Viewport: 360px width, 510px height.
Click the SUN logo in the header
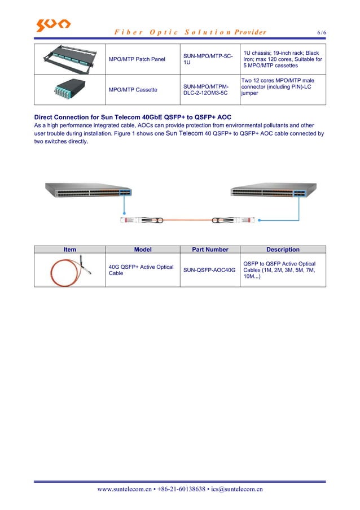pos(54,25)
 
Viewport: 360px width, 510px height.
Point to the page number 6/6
pos(321,33)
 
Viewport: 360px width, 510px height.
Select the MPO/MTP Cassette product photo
pos(69,90)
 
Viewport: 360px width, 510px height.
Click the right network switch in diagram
pos(269,193)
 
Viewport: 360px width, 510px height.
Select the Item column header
pos(70,250)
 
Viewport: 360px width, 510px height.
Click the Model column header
pos(142,250)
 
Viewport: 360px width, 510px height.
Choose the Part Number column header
pos(209,250)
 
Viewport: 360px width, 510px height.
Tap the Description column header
pos(283,250)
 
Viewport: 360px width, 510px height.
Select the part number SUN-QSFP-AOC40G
pos(209,271)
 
